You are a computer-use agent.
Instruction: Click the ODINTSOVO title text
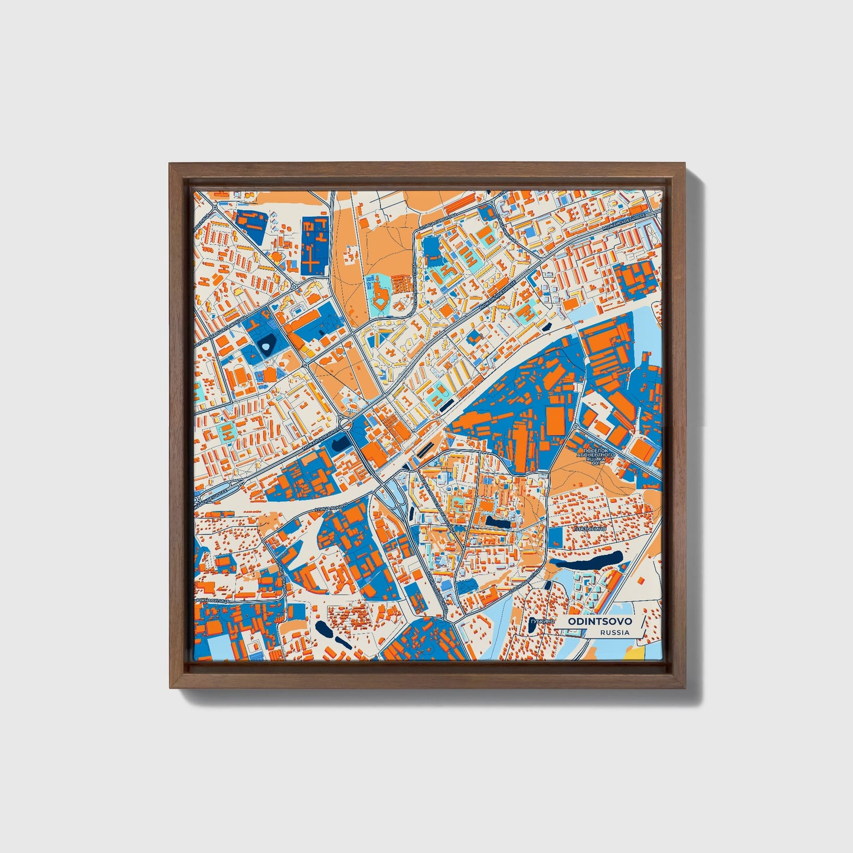[600, 622]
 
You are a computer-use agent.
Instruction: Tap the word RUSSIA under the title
[615, 632]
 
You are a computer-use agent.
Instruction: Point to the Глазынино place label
[589, 530]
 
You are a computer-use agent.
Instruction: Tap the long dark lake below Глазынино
[590, 560]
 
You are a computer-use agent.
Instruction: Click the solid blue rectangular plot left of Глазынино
[555, 538]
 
